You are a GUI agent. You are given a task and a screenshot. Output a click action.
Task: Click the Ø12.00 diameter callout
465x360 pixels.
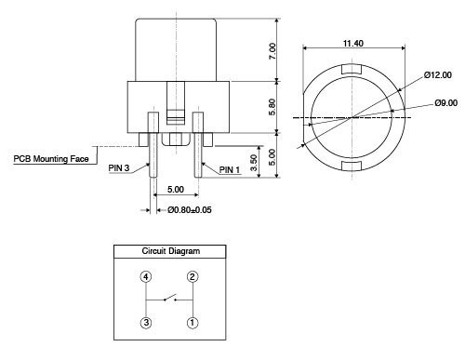[x=436, y=75]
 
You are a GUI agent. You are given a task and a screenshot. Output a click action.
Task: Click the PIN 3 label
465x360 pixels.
[x=119, y=169]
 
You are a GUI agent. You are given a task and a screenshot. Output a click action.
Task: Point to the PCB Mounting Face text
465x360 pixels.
[x=51, y=159]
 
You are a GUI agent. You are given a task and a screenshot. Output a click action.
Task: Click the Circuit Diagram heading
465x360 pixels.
[x=170, y=251]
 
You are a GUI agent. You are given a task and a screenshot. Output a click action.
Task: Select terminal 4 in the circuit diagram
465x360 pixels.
[x=146, y=276]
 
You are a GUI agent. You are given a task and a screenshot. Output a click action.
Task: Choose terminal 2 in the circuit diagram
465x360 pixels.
[x=193, y=276]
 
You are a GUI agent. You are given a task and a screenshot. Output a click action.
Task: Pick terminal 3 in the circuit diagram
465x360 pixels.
[x=146, y=323]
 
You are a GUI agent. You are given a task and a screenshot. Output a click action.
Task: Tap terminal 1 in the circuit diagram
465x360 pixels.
[x=193, y=323]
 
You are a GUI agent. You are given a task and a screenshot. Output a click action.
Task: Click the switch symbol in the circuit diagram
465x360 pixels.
[x=168, y=299]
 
